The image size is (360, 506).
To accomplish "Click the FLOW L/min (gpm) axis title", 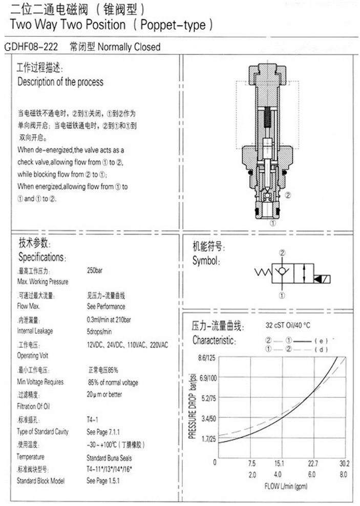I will pyautogui.click(x=285, y=487).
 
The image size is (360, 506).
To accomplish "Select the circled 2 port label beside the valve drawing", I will pyautogui.click(x=288, y=195).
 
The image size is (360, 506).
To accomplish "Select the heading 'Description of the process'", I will pyautogui.click(x=60, y=82).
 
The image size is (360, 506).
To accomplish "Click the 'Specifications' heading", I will pyautogui.click(x=42, y=257).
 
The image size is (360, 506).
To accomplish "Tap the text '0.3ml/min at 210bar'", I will pyautogui.click(x=109, y=320).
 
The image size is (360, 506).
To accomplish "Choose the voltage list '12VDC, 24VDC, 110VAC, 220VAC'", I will pyautogui.click(x=128, y=345).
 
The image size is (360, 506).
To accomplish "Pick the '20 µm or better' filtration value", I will pyautogui.click(x=104, y=394).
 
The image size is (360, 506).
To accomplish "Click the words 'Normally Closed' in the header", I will pyautogui.click(x=129, y=47).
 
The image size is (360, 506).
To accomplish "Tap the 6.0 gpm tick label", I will pyautogui.click(x=313, y=474).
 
